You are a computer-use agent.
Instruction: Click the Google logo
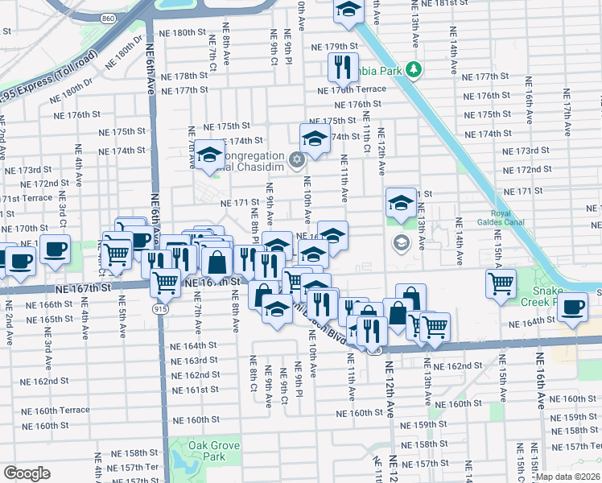pyautogui.click(x=27, y=473)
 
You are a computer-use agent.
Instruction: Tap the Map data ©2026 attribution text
pyautogui.click(x=567, y=477)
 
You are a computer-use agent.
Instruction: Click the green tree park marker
pyautogui.click(x=414, y=70)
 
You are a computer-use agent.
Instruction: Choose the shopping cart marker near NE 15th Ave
pyautogui.click(x=501, y=283)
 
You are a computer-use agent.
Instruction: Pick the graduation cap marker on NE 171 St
pyautogui.click(x=400, y=202)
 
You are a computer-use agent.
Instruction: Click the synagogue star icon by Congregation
pyautogui.click(x=297, y=159)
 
